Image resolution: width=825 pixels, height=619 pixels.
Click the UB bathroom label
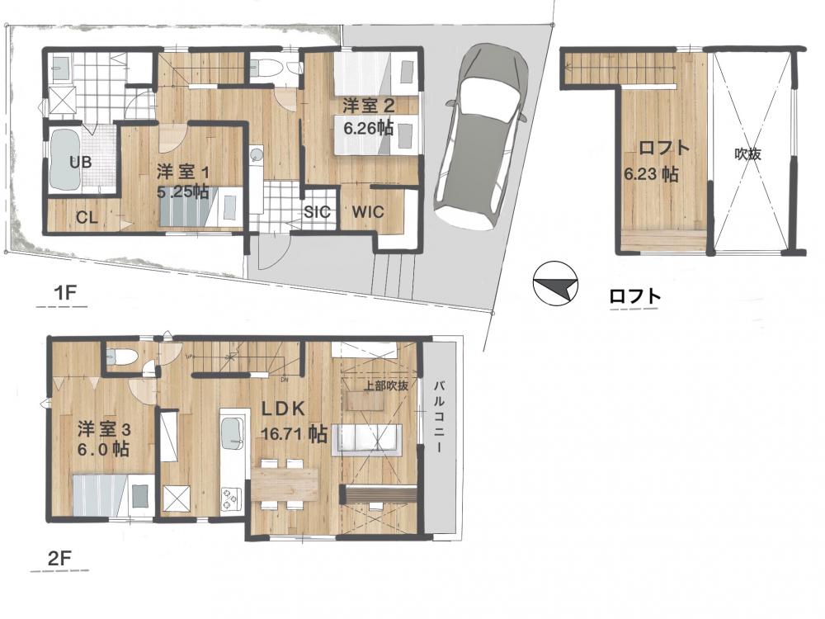click(x=81, y=162)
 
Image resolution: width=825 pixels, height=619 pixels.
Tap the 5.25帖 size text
click(x=182, y=191)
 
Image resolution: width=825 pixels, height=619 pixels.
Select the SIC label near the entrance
click(x=318, y=211)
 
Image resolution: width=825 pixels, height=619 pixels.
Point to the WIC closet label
click(x=368, y=212)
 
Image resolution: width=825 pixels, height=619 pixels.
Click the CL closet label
click(x=87, y=217)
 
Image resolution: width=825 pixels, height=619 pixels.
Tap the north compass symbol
click(x=555, y=284)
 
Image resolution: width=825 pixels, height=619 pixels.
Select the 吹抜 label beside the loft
click(x=747, y=154)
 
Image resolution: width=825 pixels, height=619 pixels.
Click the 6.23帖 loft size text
click(x=651, y=173)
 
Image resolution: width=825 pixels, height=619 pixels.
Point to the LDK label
click(x=284, y=409)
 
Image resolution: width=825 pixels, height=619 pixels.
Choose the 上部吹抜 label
click(x=386, y=385)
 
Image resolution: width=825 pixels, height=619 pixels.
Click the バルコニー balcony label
click(x=438, y=416)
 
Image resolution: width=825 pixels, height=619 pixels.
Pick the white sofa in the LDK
click(x=366, y=440)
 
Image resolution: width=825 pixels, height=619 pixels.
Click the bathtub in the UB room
click(x=66, y=159)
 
